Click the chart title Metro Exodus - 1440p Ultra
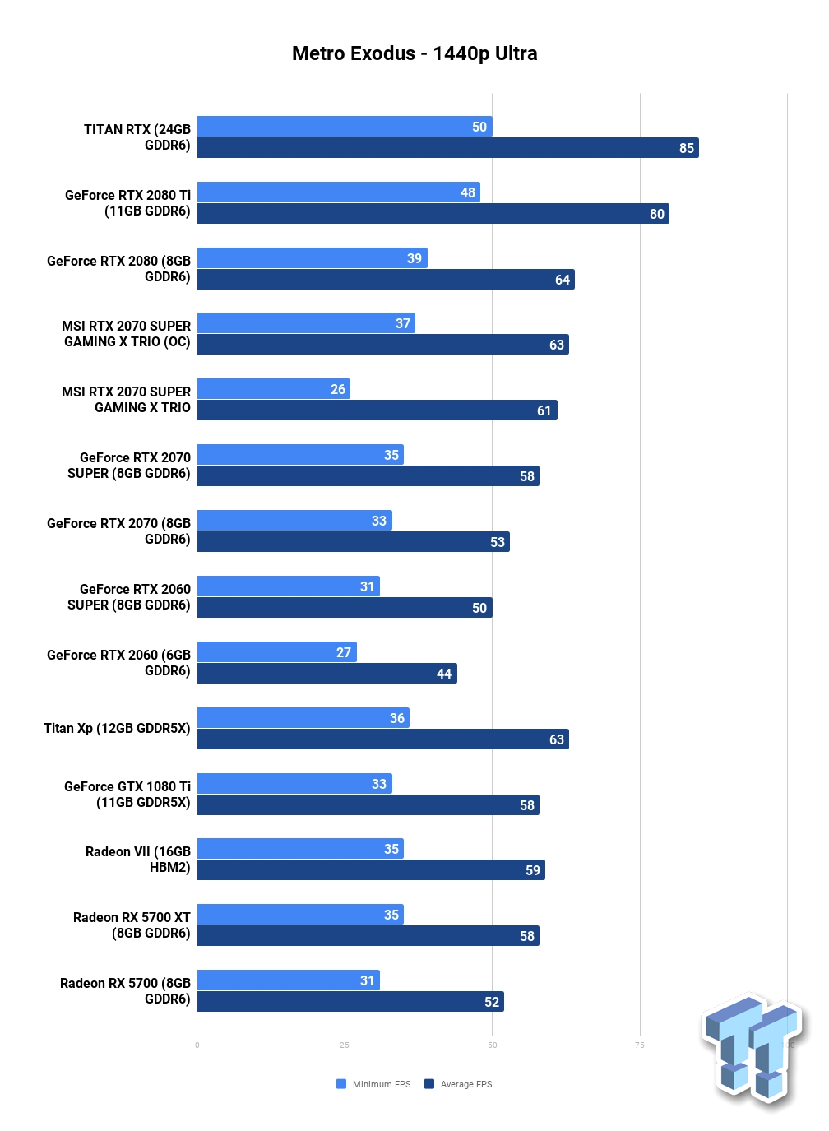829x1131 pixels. [414, 53]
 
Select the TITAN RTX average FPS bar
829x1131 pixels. [448, 147]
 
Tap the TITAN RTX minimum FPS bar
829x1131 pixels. [345, 126]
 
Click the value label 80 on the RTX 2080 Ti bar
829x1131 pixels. [657, 214]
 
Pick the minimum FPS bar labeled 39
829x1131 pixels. [312, 258]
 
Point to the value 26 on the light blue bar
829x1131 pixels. [338, 389]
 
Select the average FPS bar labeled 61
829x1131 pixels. [377, 410]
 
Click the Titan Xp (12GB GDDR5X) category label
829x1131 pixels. [117, 728]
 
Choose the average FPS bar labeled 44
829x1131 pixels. [327, 673]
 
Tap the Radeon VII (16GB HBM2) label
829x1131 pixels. [138, 860]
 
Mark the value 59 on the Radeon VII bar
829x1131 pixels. [533, 870]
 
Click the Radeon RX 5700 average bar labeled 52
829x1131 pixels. [350, 1001]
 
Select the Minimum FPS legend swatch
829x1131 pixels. [341, 1084]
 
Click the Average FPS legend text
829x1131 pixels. [466, 1084]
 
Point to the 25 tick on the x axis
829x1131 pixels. [345, 1045]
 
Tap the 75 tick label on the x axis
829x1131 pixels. [640, 1045]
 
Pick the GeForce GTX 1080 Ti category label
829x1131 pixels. [127, 795]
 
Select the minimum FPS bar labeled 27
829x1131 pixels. [276, 651]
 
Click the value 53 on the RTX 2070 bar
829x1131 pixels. [498, 542]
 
